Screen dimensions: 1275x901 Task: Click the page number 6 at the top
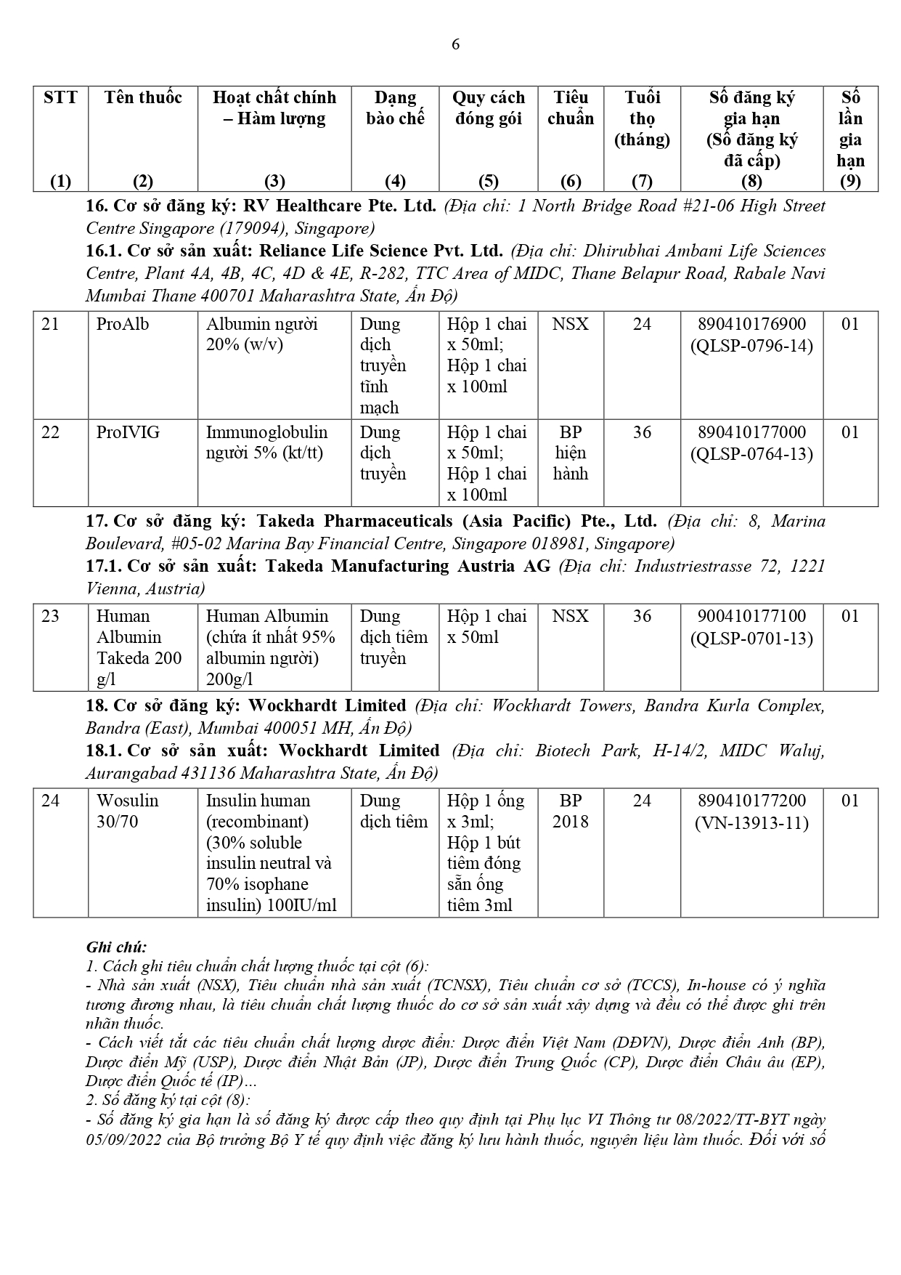[455, 44]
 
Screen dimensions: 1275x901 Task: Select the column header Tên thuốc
[143, 98]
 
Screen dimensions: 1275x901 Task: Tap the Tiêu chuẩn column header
[571, 108]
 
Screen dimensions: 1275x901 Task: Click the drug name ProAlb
[123, 324]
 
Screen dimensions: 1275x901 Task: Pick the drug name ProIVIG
[128, 432]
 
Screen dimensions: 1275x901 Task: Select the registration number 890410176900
[751, 324]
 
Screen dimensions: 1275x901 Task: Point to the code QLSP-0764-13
[751, 454]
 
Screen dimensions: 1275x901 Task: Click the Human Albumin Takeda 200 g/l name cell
[139, 647]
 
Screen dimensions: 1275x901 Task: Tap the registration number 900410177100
[751, 616]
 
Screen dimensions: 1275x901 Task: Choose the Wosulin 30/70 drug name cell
[128, 811]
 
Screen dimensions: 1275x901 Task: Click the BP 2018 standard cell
[571, 811]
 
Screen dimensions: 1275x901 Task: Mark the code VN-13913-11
[751, 822]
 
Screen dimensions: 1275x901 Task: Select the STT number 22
[51, 432]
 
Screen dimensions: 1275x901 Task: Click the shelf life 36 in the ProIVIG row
[642, 432]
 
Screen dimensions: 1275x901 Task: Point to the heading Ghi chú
[116, 947]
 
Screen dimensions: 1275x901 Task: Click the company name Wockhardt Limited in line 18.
[327, 705]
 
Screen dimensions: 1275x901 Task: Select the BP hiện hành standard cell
[571, 453]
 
